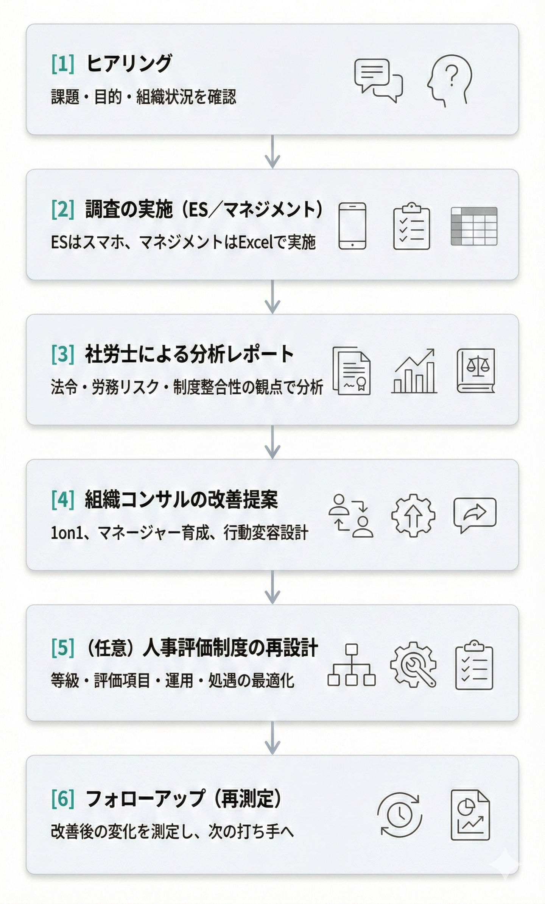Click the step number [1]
pos(63,63)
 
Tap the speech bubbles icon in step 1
pos(378,80)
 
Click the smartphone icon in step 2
pos(352,226)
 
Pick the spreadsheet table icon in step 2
pos(474,226)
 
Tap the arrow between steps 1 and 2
pos(272,152)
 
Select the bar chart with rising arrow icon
pos(414,371)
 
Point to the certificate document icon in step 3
pos(352,371)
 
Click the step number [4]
pos(63,500)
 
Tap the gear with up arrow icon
pos(413,515)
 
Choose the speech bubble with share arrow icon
pos(475,514)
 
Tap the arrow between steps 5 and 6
pos(272,738)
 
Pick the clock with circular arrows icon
pos(400,814)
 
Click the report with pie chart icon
pos(470,814)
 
